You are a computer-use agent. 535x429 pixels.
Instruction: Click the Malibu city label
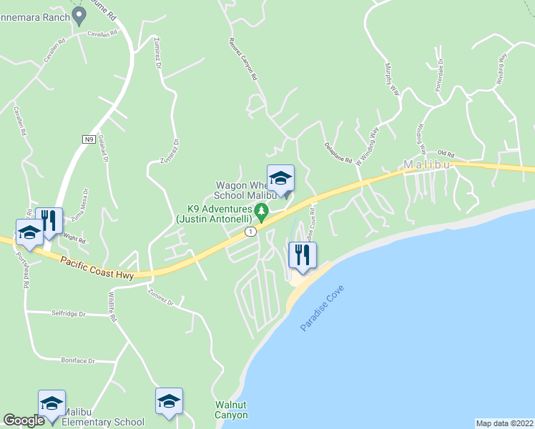427,164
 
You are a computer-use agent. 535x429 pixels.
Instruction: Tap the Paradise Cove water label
322,307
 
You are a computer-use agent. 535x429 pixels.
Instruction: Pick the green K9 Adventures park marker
262,210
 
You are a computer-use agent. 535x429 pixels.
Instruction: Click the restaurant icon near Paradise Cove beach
302,255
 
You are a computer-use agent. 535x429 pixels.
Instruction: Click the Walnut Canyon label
232,410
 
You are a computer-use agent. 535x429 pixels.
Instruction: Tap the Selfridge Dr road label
68,313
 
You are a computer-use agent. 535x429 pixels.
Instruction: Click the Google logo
24,420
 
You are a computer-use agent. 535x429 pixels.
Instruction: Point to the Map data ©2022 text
504,423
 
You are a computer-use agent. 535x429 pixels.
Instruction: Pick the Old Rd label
446,153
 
